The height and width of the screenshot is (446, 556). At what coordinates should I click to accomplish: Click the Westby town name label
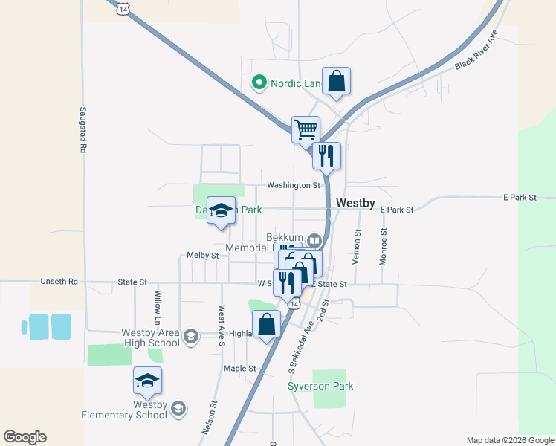tap(355, 202)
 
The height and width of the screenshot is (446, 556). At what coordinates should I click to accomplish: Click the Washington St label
tap(293, 185)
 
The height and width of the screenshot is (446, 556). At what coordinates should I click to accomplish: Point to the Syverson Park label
tap(320, 386)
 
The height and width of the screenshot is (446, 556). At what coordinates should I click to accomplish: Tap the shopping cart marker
tap(306, 129)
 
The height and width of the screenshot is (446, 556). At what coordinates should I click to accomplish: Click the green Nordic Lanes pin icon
tap(259, 83)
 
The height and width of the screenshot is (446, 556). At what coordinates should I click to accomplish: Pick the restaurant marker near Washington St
tap(326, 155)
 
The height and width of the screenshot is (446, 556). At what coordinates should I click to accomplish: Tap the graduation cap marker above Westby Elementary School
tap(147, 380)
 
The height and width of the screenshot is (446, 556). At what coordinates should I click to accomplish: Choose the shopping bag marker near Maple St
tap(267, 324)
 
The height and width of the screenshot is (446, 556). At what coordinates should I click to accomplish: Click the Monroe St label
tap(384, 247)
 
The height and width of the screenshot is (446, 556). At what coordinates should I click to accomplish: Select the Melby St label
tap(202, 255)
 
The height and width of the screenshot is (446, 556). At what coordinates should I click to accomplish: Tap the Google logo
tap(25, 437)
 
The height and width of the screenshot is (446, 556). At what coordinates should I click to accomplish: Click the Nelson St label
tap(210, 418)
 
